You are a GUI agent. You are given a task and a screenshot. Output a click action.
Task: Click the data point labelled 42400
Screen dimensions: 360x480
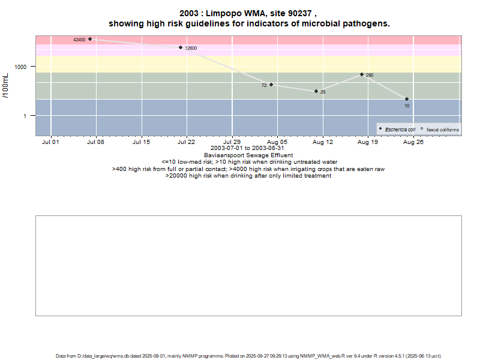(x=90, y=39)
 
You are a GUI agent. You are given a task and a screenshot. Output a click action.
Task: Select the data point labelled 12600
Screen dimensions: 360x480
(x=181, y=47)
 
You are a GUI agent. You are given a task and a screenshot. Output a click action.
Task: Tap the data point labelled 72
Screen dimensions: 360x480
(x=271, y=85)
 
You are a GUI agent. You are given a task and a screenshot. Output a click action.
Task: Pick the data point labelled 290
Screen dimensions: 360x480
(x=362, y=74)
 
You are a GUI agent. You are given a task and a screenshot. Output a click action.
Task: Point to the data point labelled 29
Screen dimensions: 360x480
(x=316, y=91)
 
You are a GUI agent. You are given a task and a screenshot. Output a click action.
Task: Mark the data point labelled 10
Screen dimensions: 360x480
(x=407, y=99)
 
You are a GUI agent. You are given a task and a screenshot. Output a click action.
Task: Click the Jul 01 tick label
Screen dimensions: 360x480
(x=51, y=142)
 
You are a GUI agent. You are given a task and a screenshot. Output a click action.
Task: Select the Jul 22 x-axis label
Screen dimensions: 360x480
(x=187, y=142)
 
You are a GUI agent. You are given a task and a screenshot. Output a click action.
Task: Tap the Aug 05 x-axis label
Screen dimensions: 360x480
(x=277, y=142)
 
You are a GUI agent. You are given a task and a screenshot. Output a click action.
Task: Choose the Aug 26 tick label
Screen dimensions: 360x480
(x=413, y=142)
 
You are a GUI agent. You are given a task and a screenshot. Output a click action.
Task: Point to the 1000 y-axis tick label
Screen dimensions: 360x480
(x=22, y=67)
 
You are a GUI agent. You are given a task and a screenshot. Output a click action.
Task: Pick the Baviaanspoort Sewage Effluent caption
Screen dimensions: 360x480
(x=248, y=155)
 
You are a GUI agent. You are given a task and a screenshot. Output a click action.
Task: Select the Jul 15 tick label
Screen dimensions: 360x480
(x=142, y=142)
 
